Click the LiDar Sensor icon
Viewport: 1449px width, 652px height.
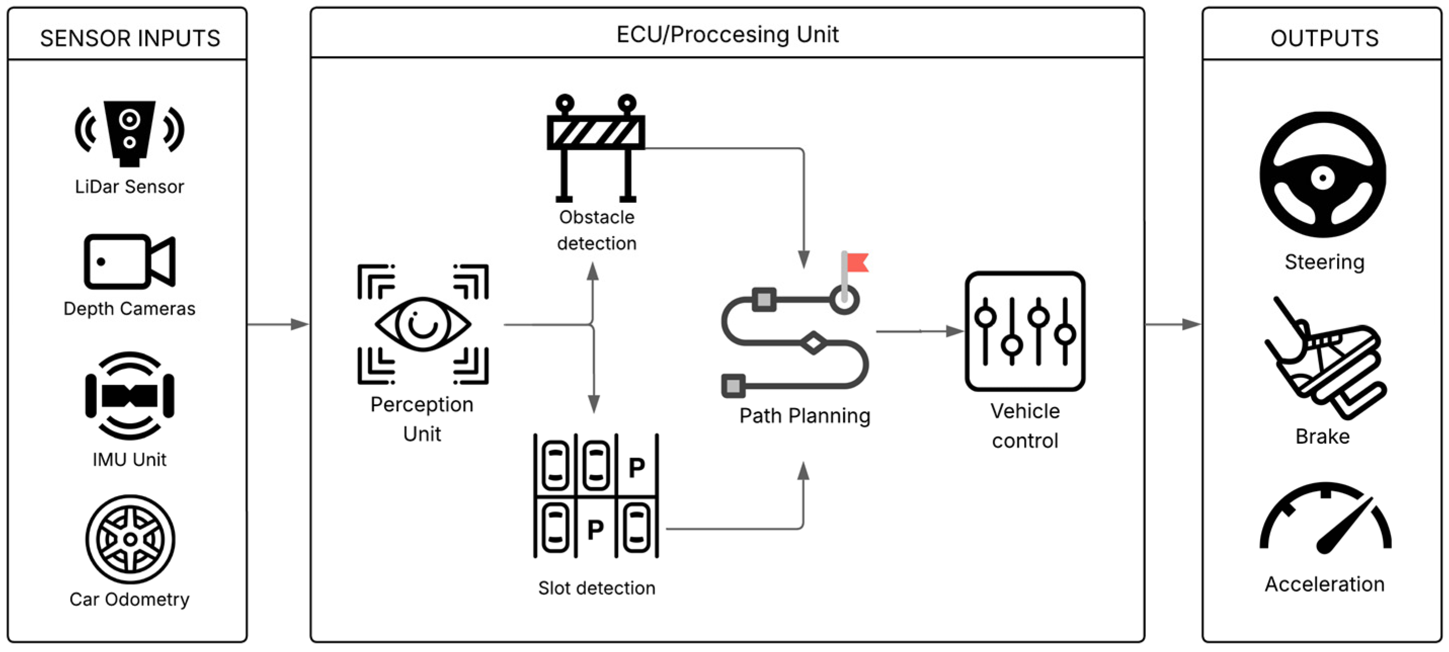coord(130,134)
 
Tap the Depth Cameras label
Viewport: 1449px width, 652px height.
coord(130,309)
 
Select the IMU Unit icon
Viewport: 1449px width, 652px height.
coord(130,396)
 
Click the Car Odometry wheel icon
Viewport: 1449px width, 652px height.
coord(130,540)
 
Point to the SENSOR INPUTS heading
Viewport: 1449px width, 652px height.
coord(130,38)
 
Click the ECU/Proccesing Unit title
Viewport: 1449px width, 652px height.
coord(727,34)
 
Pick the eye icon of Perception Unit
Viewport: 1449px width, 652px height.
coord(423,324)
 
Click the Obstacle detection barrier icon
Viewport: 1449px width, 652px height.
coord(596,148)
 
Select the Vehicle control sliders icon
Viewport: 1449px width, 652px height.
coord(1025,331)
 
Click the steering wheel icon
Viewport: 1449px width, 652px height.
coord(1322,175)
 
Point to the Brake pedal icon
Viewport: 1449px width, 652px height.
coord(1324,358)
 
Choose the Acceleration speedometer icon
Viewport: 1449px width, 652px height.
coord(1324,517)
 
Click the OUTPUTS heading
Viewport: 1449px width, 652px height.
coord(1324,38)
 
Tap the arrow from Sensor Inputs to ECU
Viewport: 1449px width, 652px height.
coord(278,324)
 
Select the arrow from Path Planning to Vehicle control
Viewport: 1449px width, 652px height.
coord(920,332)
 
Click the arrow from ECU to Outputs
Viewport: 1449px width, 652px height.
coord(1173,324)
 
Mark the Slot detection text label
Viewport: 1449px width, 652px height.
coord(596,588)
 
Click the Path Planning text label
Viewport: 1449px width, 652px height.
coord(804,416)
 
